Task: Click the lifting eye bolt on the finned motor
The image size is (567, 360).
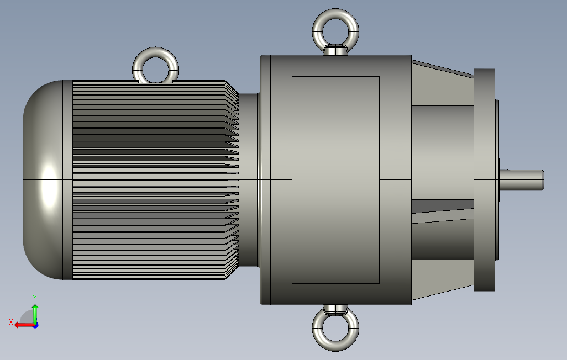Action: (155, 52)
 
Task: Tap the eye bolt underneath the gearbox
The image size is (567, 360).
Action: (335, 346)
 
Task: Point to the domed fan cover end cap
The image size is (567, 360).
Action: (43, 180)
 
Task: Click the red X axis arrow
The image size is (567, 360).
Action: (25, 325)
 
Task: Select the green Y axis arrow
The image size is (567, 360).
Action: (35, 315)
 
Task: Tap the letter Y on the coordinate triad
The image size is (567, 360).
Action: (35, 298)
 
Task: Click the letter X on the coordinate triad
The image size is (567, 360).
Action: (11, 322)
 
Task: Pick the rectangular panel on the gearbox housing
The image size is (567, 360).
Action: (335, 179)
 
